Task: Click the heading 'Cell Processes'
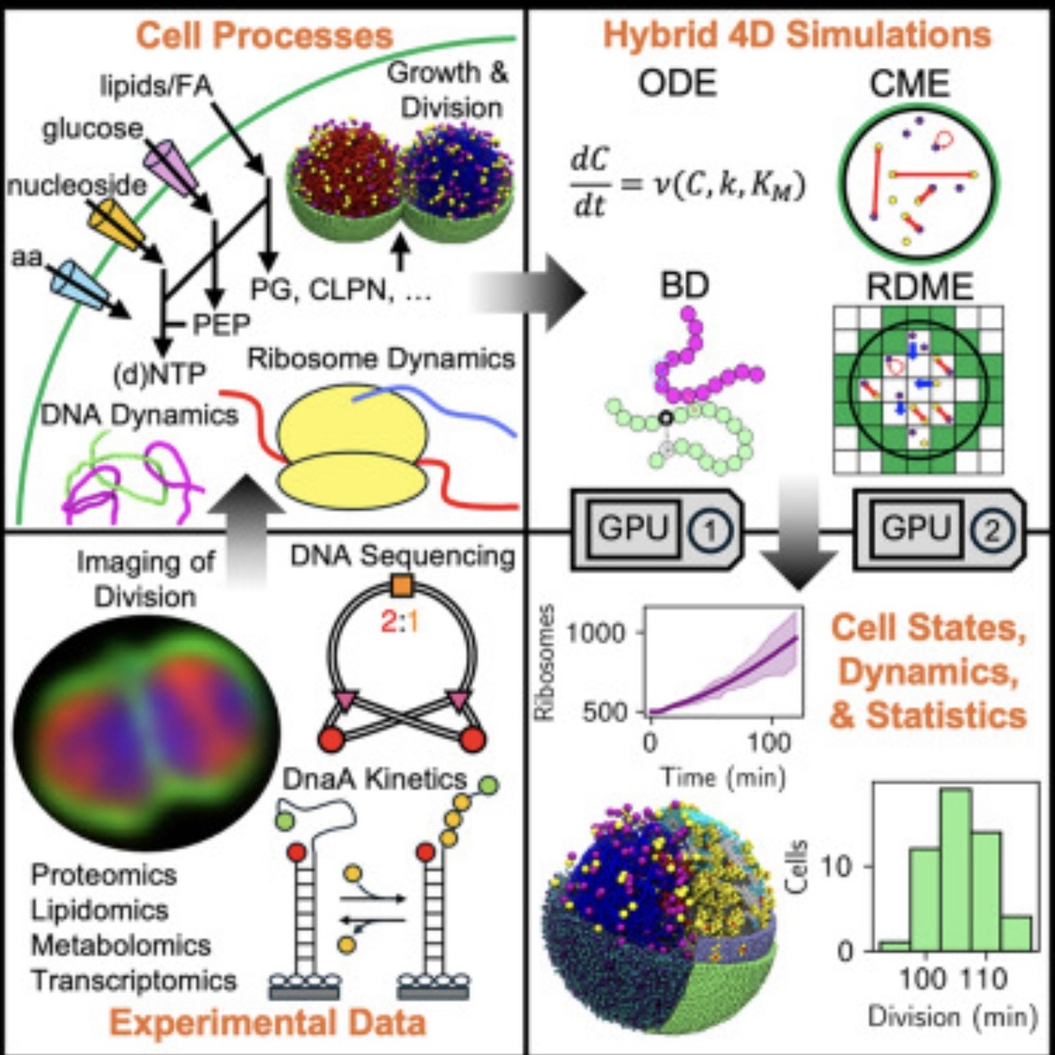click(x=264, y=36)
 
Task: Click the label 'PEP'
click(x=221, y=325)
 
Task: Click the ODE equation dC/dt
click(x=686, y=185)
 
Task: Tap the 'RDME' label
click(x=919, y=286)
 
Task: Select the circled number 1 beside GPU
click(x=709, y=530)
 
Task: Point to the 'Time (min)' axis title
click(x=723, y=776)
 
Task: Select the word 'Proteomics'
click(x=104, y=874)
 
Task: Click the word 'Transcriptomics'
click(x=134, y=980)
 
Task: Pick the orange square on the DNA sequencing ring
click(x=401, y=586)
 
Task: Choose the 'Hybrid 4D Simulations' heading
click(x=796, y=36)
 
